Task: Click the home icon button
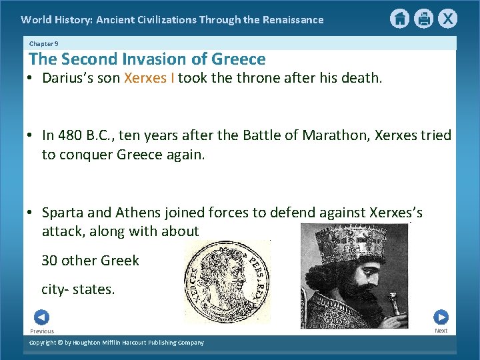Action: click(399, 19)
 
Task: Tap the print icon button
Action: click(424, 19)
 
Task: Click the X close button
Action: click(448, 19)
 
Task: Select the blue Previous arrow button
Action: click(41, 317)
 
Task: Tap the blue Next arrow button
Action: click(441, 317)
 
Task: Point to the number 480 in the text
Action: click(71, 135)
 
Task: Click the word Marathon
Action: click(334, 135)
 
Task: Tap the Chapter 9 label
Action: click(44, 43)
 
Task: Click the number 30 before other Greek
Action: click(49, 261)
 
